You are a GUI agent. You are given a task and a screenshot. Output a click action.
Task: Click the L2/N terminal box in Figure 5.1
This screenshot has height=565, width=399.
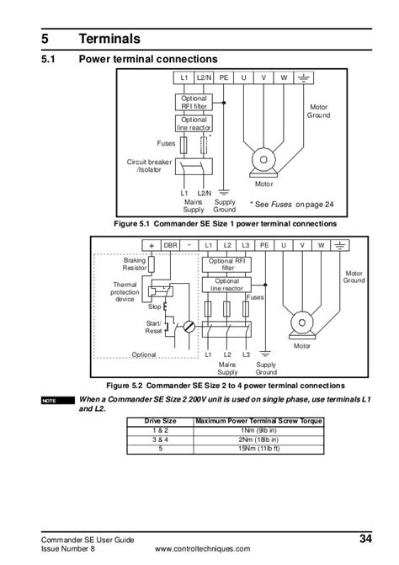(x=204, y=77)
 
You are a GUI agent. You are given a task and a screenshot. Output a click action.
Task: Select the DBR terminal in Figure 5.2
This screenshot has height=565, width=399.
(x=170, y=245)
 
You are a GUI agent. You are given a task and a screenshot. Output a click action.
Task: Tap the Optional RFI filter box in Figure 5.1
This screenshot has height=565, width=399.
(x=194, y=103)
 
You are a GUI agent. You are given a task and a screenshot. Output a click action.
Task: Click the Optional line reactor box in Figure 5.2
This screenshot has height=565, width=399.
(x=226, y=285)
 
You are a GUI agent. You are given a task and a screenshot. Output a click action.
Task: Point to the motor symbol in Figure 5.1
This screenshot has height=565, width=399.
(x=263, y=163)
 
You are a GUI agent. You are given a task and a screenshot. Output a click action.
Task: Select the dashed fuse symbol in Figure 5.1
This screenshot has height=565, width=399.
(x=204, y=145)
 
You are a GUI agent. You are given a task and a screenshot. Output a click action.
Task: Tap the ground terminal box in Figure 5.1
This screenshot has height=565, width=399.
(x=304, y=77)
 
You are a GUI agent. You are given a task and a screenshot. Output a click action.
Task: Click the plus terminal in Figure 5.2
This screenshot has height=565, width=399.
(x=152, y=245)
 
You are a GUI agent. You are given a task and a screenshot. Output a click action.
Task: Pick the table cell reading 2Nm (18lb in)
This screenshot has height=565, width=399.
(x=258, y=440)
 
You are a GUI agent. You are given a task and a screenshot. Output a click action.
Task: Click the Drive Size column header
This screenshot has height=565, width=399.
(x=160, y=421)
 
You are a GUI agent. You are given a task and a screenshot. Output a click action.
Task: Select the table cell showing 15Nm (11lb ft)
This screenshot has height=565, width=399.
(x=258, y=449)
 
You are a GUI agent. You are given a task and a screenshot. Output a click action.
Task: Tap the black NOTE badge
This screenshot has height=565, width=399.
(x=58, y=401)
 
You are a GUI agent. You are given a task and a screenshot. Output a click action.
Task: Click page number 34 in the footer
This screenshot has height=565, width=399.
(x=365, y=538)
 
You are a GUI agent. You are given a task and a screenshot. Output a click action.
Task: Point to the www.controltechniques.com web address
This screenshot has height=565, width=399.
(x=202, y=549)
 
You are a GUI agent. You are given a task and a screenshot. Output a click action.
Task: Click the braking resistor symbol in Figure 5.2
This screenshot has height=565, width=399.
(x=152, y=264)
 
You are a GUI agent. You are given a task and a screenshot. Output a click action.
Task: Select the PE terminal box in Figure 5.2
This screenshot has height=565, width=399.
(x=264, y=245)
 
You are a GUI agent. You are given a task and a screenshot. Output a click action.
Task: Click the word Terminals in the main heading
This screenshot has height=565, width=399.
(x=109, y=39)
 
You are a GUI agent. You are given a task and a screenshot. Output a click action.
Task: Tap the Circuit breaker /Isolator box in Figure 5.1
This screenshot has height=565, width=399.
(x=194, y=167)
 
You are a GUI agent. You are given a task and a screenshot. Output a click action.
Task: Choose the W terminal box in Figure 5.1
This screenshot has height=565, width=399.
(x=284, y=77)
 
